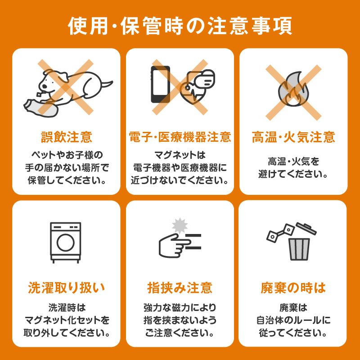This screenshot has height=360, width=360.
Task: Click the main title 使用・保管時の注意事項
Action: tap(180, 26)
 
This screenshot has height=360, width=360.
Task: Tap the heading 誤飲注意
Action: tap(67, 137)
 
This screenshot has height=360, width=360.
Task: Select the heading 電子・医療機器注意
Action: tap(180, 137)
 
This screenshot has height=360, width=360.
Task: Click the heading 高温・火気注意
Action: tap(293, 137)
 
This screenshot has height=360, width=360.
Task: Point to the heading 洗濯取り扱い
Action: tap(66, 288)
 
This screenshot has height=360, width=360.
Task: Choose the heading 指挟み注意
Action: tap(180, 288)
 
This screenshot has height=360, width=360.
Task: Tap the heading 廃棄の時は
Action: tap(293, 288)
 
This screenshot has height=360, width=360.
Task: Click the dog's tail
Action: tap(106, 84)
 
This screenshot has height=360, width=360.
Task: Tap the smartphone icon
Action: tap(161, 84)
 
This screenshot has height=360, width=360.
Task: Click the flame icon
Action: tap(293, 89)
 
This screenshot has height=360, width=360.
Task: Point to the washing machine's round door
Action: tap(66, 243)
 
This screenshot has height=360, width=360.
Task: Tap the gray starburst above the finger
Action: tap(180, 225)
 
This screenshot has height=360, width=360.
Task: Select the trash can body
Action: tap(299, 249)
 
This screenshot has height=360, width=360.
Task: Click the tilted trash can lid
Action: tap(306, 229)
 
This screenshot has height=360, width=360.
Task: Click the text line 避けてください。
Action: tap(293, 175)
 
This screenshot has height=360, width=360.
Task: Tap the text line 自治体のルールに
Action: tap(293, 320)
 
